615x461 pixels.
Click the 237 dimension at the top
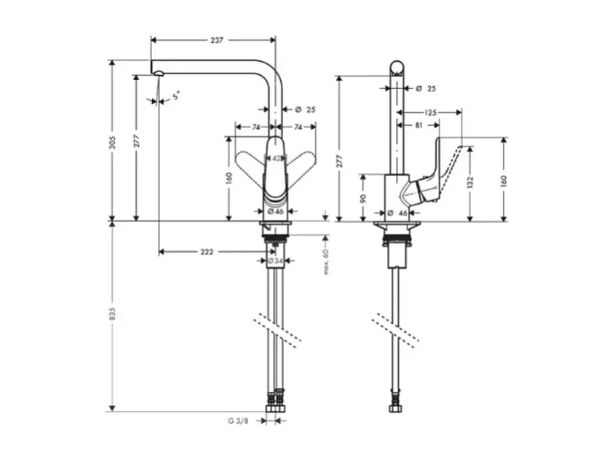coord(216,41)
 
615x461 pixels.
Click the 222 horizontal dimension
coord(207,251)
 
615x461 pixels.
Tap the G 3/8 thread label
coord(237,420)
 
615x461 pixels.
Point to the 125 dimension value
coord(430,113)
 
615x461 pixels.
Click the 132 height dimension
coord(470,181)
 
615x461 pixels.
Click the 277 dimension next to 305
coord(135,141)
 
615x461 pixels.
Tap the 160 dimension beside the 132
coord(504,181)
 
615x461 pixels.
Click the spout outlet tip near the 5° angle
coord(156,71)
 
